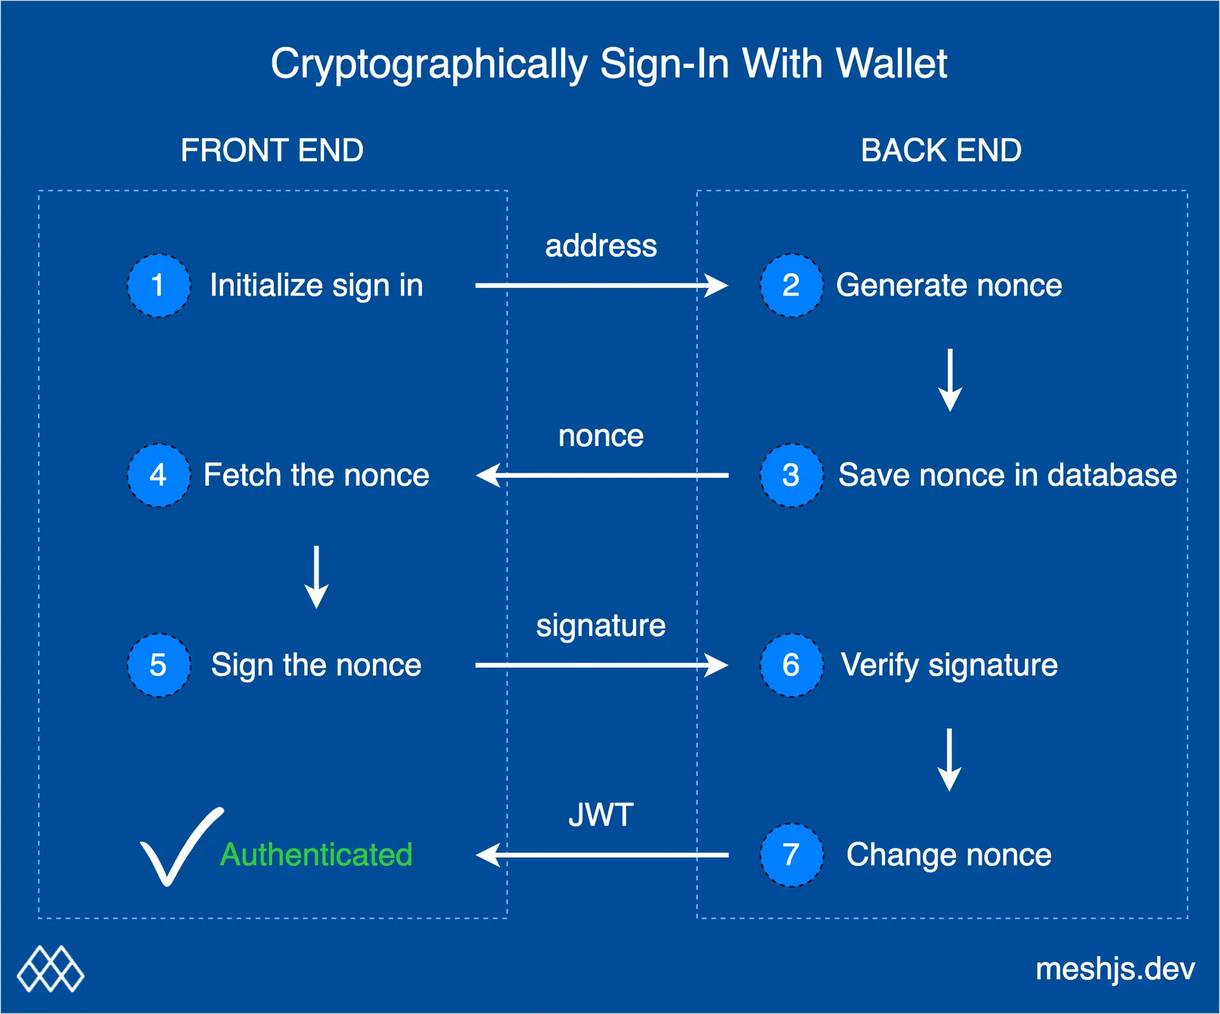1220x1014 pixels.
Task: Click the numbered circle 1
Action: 158,285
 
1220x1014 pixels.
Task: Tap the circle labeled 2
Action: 791,285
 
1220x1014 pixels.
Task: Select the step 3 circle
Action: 791,475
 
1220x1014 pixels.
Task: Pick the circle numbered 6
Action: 791,665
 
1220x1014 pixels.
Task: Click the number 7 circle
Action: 791,855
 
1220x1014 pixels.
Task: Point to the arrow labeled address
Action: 601,285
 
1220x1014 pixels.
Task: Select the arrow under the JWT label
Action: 601,855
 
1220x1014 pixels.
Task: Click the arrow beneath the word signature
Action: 601,665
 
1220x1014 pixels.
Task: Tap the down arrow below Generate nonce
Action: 950,380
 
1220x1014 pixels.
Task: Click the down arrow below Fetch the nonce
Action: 316,577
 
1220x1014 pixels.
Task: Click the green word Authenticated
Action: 316,855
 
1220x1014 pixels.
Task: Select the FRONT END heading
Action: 272,151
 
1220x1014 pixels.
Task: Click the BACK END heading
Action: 941,151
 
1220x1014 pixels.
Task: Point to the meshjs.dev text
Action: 1115,970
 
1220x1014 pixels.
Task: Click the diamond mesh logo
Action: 51,970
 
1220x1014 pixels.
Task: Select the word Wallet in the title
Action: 891,64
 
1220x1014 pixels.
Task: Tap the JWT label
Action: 600,815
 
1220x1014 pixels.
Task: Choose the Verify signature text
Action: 949,665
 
